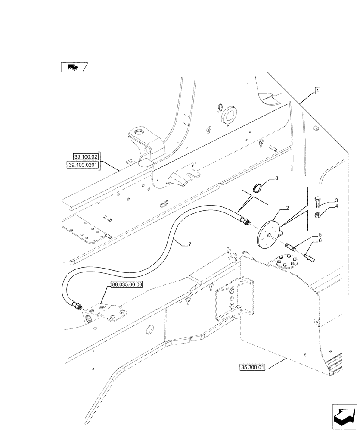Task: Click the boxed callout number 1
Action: (x=317, y=91)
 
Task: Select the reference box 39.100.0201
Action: (x=83, y=165)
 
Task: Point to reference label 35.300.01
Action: (x=252, y=367)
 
